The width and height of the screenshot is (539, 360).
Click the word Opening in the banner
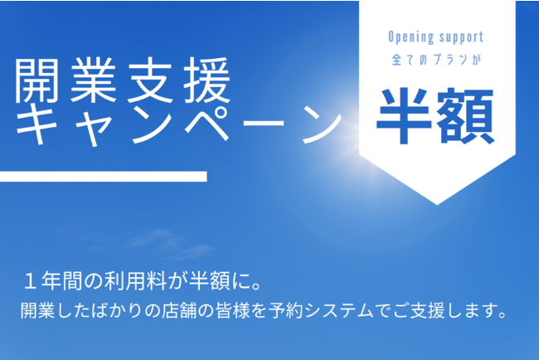(406, 37)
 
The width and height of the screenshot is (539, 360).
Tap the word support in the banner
(460, 37)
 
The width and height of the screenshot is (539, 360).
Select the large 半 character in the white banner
(404, 115)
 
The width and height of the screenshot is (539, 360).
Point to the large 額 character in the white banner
(466, 115)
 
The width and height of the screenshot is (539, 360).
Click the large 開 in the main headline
(36, 80)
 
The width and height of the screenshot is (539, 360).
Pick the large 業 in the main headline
(93, 80)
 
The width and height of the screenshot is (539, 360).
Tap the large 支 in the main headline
(150, 80)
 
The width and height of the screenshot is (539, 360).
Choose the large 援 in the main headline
(206, 80)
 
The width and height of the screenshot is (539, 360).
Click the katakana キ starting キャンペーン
(36, 124)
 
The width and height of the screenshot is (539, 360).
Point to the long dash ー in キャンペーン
(264, 123)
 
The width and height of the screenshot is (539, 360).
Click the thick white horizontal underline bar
(103, 177)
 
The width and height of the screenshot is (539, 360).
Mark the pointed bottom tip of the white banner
(437, 205)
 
